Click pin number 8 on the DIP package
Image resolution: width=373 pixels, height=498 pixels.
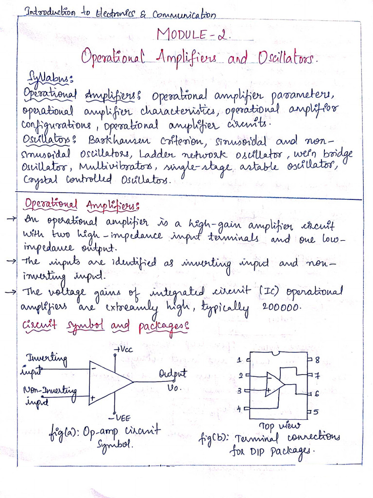click(316, 360)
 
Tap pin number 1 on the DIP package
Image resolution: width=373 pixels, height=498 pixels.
click(239, 360)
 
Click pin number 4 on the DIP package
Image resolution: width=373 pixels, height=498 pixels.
click(239, 409)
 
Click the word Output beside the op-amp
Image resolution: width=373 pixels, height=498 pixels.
click(172, 374)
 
